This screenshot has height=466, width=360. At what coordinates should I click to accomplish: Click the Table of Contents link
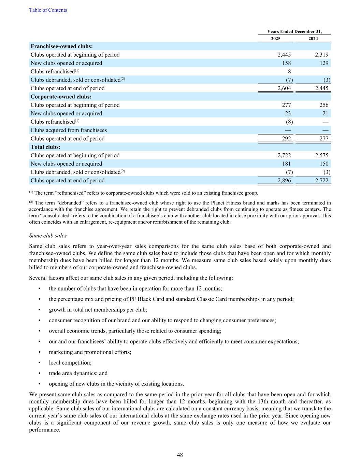coord(48,10)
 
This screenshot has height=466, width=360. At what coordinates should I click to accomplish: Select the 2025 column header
coord(276,39)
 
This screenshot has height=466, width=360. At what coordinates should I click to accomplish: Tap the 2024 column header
coord(313,39)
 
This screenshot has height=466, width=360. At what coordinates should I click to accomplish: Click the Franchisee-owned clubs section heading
coord(62,46)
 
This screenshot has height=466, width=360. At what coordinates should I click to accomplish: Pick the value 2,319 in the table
coord(322,55)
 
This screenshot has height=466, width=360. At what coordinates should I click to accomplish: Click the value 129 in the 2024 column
coord(324,63)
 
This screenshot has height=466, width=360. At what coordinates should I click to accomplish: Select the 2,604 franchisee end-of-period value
coord(284,88)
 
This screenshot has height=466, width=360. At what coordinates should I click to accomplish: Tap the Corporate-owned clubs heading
coord(61,97)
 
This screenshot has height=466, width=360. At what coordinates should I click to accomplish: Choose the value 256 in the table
coord(324,105)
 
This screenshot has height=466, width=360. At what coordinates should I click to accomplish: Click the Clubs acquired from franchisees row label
coord(69,130)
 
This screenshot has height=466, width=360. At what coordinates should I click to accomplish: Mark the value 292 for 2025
coord(286,139)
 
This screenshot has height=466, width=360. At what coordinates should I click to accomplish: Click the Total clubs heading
coord(45,147)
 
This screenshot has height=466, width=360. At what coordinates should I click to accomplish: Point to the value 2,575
coord(322,155)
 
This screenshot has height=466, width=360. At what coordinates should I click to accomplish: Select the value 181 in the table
coord(286,164)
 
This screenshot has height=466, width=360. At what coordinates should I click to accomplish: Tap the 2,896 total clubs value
coord(284,181)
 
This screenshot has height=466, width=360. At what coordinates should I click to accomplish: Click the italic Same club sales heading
coord(48,236)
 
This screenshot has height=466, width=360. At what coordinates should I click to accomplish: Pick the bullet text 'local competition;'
coord(70,363)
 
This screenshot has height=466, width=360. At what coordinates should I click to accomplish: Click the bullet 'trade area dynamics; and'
coord(78,373)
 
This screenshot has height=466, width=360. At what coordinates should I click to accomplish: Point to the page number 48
coord(180,455)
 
